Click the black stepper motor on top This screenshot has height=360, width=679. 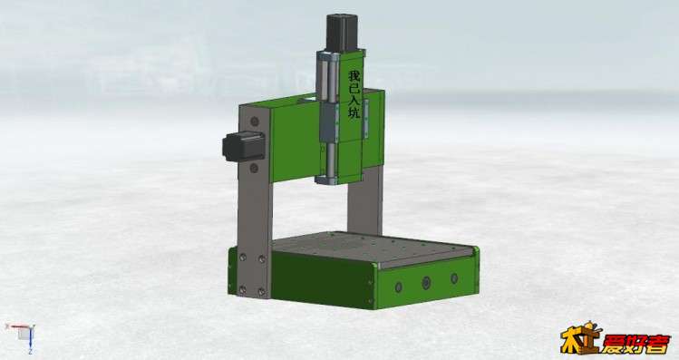click(342, 33)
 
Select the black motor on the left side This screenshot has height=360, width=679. click(243, 146)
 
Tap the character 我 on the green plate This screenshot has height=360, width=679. click(354, 76)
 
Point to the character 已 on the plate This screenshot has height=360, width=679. click(354, 88)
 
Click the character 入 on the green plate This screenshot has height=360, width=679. click(354, 101)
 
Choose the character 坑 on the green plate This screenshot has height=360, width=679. click(354, 112)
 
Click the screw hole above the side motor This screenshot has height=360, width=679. click(254, 122)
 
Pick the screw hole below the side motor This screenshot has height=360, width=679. click(254, 168)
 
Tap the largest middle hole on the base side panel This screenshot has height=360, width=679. click(427, 283)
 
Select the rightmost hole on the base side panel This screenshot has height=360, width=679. click(454, 278)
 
